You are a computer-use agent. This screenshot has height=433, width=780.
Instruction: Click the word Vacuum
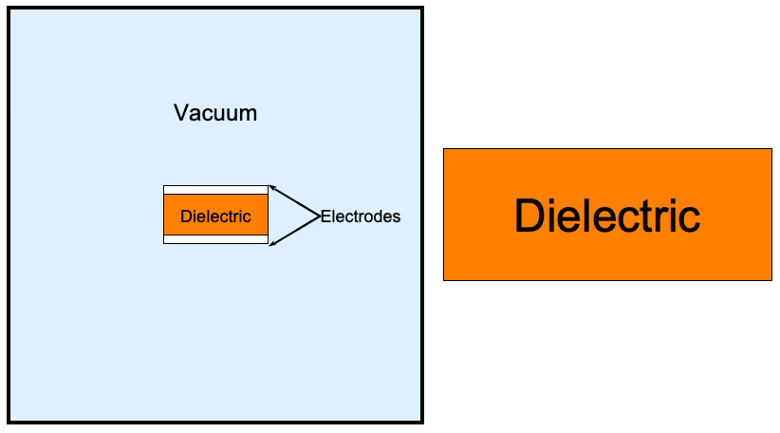[215, 113]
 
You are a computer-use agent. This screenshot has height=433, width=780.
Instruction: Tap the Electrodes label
[361, 216]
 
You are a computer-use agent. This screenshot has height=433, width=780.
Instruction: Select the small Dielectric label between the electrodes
[215, 216]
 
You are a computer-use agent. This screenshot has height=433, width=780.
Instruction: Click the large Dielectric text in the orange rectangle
[607, 216]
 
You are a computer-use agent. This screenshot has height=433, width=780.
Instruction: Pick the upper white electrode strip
[215, 190]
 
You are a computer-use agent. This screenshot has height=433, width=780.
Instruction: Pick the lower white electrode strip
[215, 239]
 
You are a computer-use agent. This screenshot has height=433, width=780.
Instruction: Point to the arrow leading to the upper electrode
[294, 201]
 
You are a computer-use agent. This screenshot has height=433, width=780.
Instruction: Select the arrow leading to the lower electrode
[294, 231]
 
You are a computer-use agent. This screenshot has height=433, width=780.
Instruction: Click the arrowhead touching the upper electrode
[271, 188]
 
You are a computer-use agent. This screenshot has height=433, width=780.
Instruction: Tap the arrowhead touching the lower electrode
[271, 244]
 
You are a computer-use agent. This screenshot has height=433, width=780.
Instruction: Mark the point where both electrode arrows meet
[319, 216]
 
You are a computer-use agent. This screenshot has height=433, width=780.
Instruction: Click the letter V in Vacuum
[180, 113]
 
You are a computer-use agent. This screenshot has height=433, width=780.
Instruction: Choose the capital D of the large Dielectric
[528, 216]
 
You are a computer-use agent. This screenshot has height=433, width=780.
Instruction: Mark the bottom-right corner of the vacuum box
[421, 422]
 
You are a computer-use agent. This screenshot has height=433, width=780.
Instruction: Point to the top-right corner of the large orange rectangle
[771, 149]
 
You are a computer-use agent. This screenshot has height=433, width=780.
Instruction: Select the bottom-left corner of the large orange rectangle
[444, 280]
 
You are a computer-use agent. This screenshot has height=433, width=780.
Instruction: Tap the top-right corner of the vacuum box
[421, 9]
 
